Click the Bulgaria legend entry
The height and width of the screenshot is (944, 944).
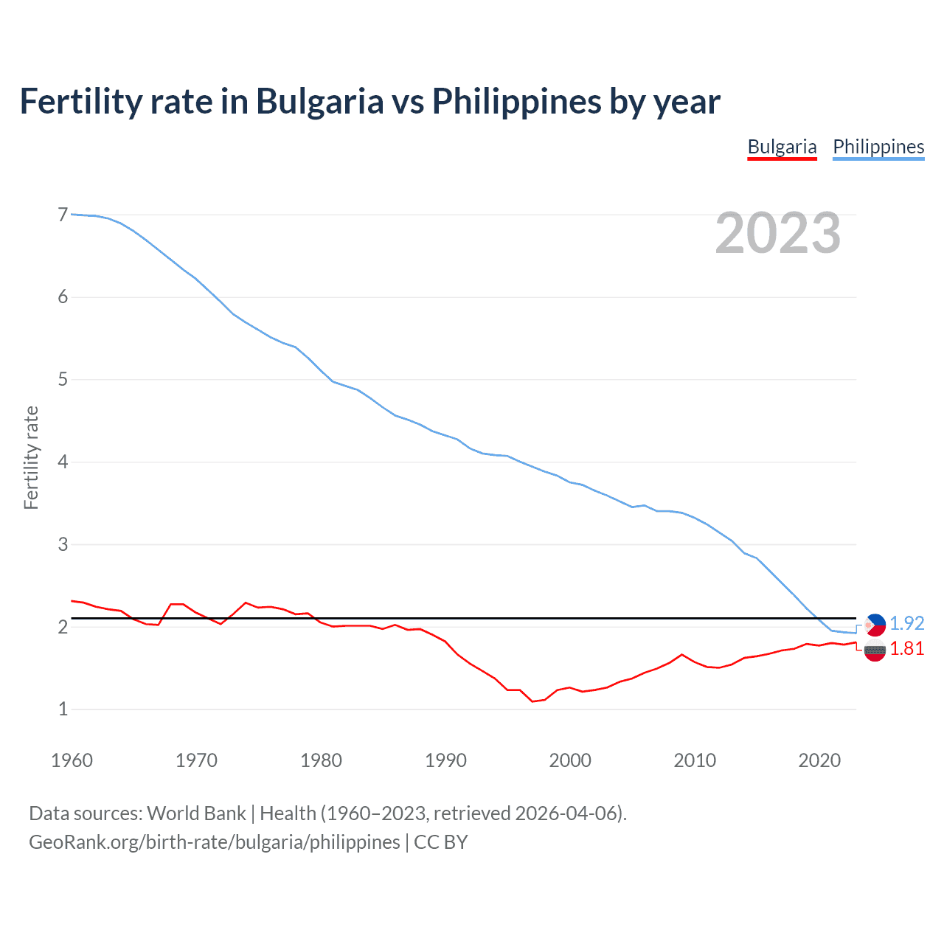[x=782, y=147]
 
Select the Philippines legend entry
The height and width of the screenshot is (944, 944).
[x=878, y=147]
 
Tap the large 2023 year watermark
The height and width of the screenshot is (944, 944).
[x=777, y=233]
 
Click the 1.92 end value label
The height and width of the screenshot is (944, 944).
[x=906, y=623]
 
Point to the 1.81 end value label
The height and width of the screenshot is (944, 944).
[x=906, y=648]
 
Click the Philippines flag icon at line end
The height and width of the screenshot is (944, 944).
[x=875, y=625]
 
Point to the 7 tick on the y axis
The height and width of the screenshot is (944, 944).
[x=63, y=215]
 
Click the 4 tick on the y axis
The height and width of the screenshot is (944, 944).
[x=63, y=462]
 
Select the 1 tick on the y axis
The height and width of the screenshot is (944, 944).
[x=63, y=709]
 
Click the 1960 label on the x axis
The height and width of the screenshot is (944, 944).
[x=72, y=760]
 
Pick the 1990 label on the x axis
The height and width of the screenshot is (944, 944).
[x=445, y=760]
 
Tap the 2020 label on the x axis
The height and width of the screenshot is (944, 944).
[x=819, y=760]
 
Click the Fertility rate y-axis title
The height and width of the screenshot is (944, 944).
[x=31, y=457]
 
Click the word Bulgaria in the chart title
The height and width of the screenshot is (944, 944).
[x=319, y=101]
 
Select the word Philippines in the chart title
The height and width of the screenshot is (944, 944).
[x=516, y=101]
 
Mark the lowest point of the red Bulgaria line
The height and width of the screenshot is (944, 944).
[x=532, y=701]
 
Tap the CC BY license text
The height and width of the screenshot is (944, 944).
[x=440, y=842]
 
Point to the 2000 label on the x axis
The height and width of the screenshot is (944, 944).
[x=570, y=760]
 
